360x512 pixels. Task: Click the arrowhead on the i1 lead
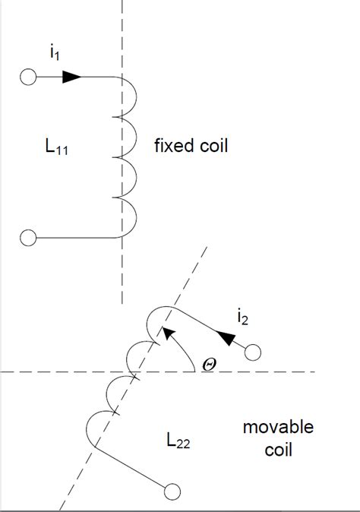pyautogui.click(x=72, y=77)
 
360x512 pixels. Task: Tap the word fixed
pyautogui.click(x=174, y=145)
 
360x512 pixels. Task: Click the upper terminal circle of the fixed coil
pyautogui.click(x=28, y=77)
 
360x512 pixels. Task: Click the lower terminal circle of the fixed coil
pyautogui.click(x=28, y=238)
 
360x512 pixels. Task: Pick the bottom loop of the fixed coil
pyautogui.click(x=131, y=217)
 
